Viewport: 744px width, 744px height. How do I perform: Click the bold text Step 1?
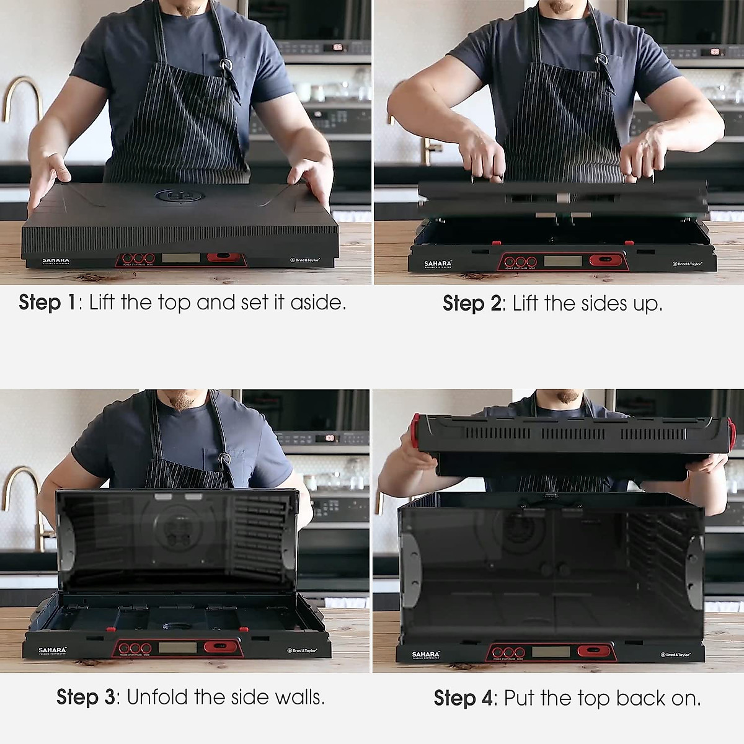(x=46, y=303)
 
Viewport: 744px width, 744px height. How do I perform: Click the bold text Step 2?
(x=471, y=303)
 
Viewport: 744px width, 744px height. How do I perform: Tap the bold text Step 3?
(x=85, y=697)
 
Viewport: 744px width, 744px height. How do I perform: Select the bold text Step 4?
(x=463, y=698)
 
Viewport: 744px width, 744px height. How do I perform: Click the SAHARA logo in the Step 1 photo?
(x=55, y=262)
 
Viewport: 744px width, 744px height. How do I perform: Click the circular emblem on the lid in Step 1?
(x=180, y=197)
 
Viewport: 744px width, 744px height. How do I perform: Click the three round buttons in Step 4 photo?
(x=508, y=652)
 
